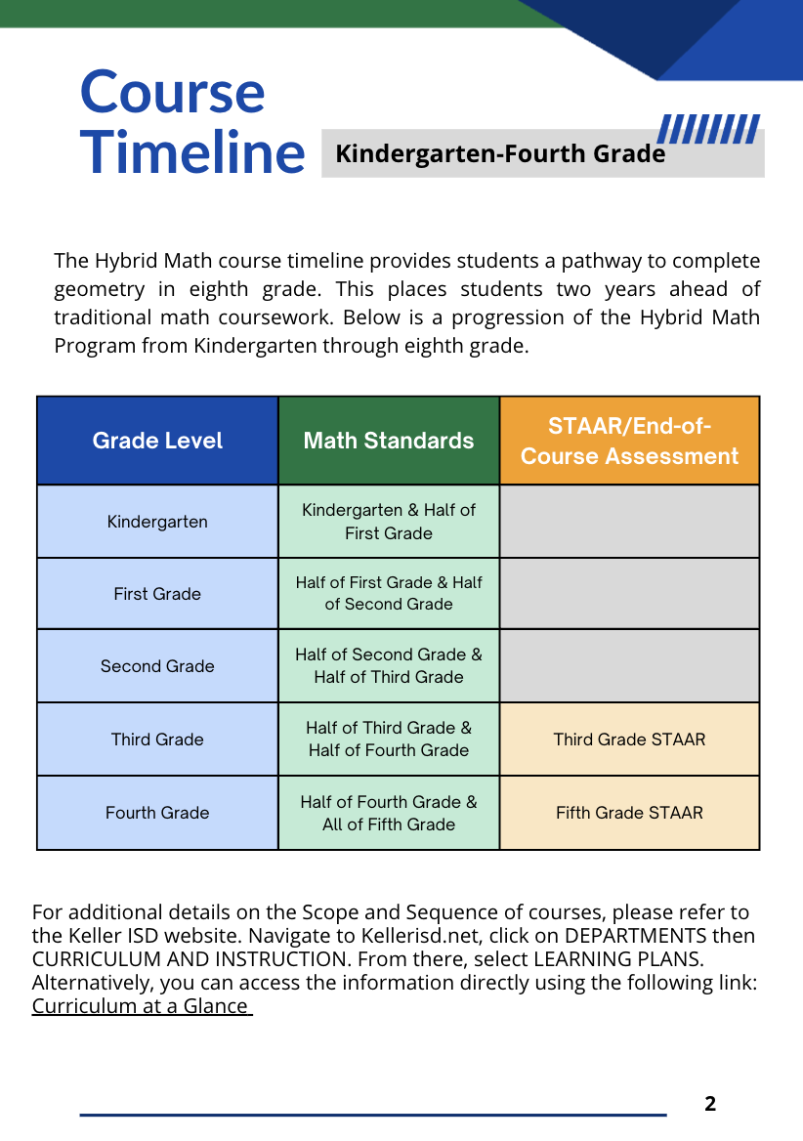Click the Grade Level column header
[x=157, y=441]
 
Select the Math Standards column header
[x=389, y=441]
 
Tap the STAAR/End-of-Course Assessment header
[x=629, y=441]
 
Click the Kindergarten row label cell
[x=157, y=522]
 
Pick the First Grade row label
[x=157, y=594]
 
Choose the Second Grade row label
[x=157, y=666]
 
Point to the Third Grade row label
[x=157, y=740]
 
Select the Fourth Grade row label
[x=157, y=813]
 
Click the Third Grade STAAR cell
[x=629, y=740]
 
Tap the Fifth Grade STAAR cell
[x=629, y=813]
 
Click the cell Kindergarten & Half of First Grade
[x=389, y=522]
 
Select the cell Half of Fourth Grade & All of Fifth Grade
[x=389, y=813]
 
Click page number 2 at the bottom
[x=710, y=1105]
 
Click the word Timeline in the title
[x=192, y=152]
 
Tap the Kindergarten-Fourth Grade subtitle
[x=500, y=154]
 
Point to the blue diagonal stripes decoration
[x=708, y=129]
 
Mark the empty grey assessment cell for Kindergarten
[x=629, y=522]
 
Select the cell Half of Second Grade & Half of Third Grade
[x=389, y=666]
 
